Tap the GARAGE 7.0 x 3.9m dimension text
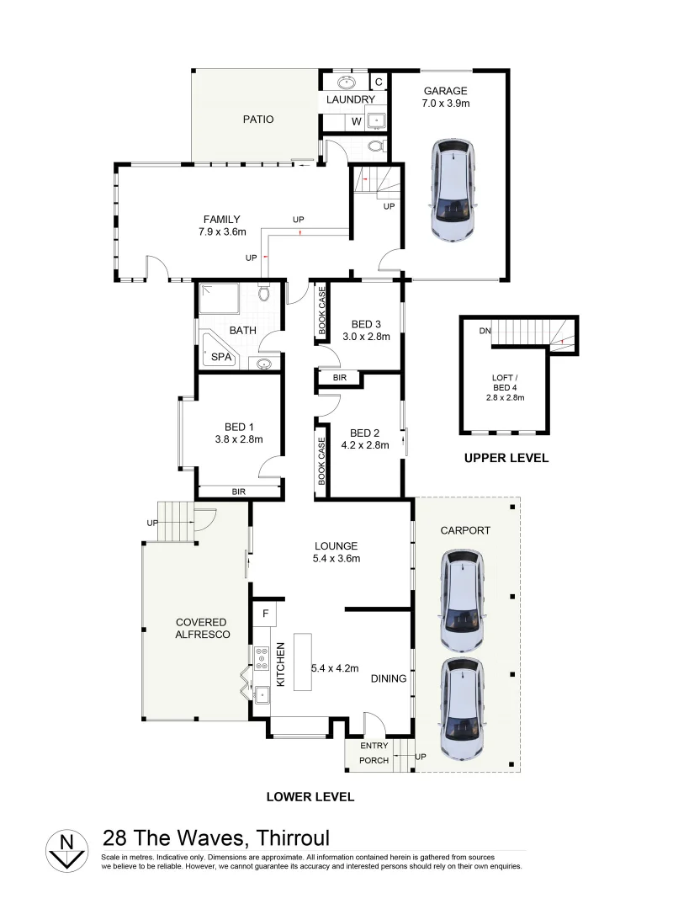[445, 98]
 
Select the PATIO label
[258, 120]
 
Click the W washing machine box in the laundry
[356, 121]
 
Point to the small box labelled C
[379, 82]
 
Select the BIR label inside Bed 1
[238, 492]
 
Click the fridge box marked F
[264, 614]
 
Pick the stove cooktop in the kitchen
[261, 656]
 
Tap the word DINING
[389, 679]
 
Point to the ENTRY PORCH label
[374, 753]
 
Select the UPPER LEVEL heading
[506, 459]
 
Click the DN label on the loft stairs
[485, 331]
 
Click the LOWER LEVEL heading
[310, 796]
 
